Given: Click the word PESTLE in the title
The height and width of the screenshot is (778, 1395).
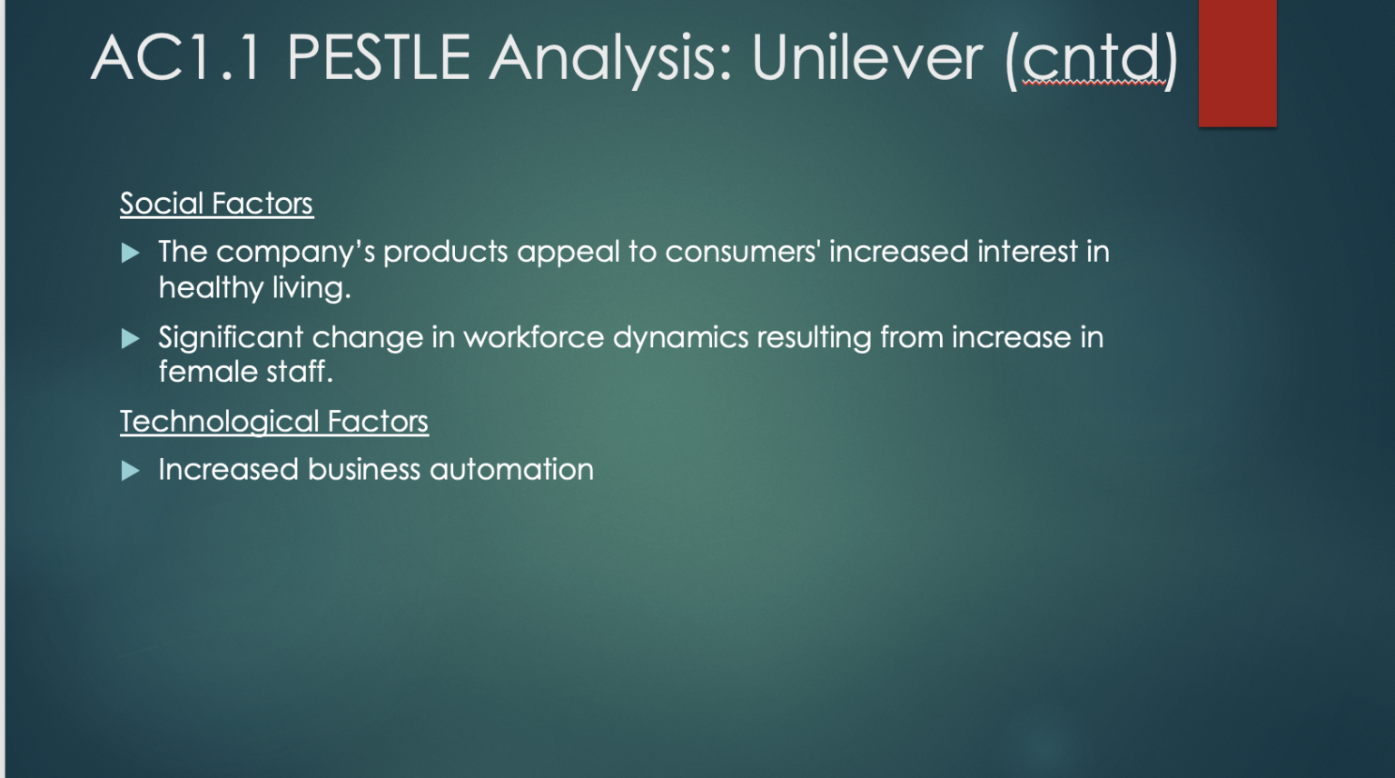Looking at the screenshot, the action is [378, 58].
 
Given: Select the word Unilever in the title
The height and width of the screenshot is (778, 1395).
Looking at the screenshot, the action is [867, 58].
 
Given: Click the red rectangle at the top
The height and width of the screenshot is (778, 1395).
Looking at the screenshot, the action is [1238, 63].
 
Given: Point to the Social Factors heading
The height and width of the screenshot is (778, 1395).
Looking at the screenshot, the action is [217, 204].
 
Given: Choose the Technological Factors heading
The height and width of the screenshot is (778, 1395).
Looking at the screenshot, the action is [274, 422].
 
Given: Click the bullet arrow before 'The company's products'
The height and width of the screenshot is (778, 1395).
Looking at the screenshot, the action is [130, 253].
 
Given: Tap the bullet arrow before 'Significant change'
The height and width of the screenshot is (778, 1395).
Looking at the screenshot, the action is [130, 338].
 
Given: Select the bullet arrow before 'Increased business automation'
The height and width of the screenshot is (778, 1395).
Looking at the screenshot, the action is [130, 471].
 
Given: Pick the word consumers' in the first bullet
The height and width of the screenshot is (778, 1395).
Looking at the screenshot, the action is [743, 252].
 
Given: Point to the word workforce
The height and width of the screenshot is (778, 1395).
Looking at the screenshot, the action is [534, 337].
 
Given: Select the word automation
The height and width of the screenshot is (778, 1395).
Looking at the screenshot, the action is [512, 469].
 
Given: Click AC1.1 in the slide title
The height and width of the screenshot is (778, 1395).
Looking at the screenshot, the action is [175, 58].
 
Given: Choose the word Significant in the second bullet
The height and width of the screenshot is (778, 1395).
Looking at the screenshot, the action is [231, 338].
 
